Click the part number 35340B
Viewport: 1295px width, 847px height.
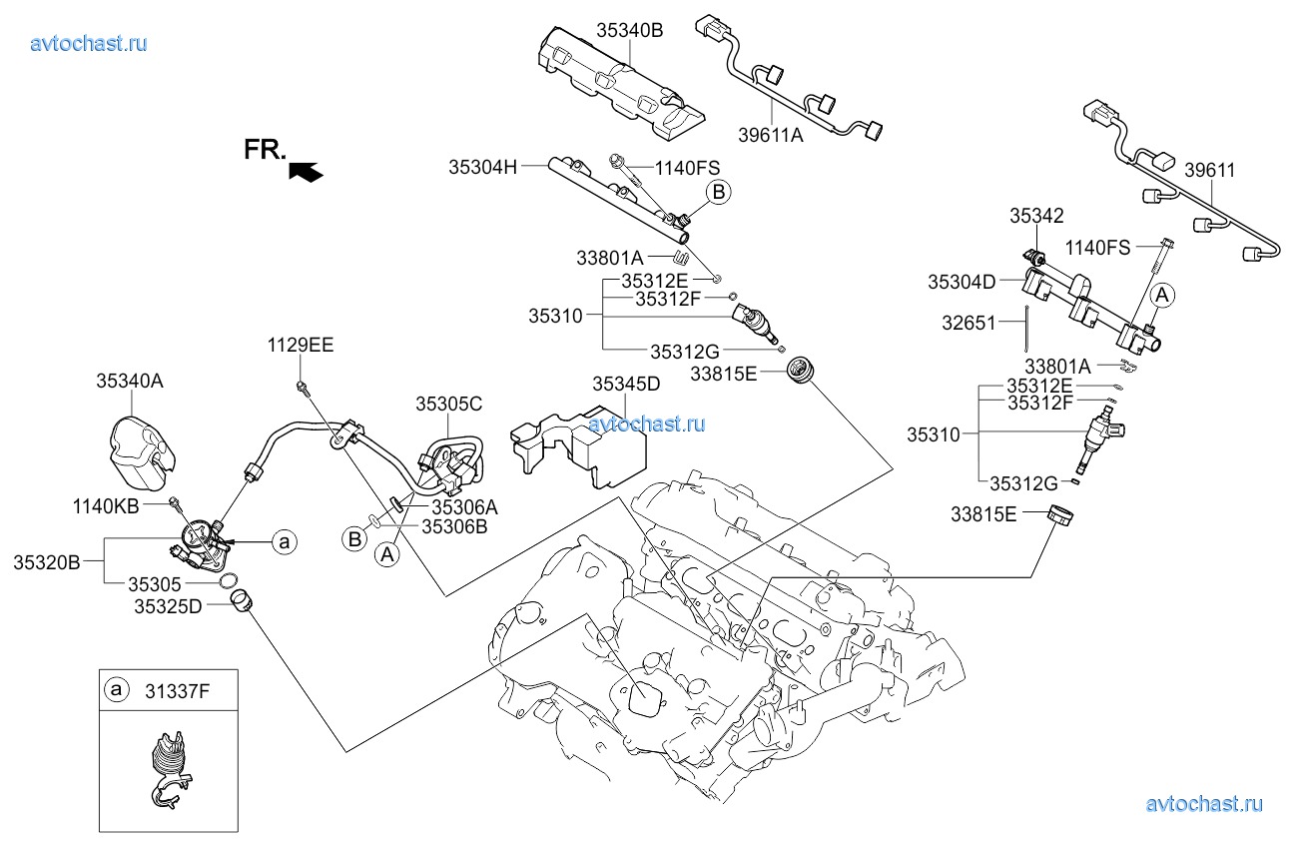pyautogui.click(x=630, y=31)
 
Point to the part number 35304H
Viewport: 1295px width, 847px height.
pyautogui.click(x=482, y=167)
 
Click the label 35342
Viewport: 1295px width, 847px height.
pyautogui.click(x=1035, y=215)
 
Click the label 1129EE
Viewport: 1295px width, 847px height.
pyautogui.click(x=300, y=346)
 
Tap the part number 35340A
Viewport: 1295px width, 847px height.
pyautogui.click(x=129, y=381)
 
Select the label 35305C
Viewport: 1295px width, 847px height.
pyautogui.click(x=449, y=404)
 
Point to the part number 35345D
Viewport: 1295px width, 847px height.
pyautogui.click(x=626, y=384)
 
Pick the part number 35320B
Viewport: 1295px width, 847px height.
pyautogui.click(x=46, y=562)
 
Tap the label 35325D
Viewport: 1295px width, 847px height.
pyautogui.click(x=167, y=605)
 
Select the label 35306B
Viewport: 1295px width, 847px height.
pyautogui.click(x=453, y=525)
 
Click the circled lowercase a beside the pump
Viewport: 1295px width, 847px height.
pyautogui.click(x=285, y=541)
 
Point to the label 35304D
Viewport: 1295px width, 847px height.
pyautogui.click(x=962, y=282)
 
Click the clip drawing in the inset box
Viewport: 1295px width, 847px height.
pyautogui.click(x=169, y=768)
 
